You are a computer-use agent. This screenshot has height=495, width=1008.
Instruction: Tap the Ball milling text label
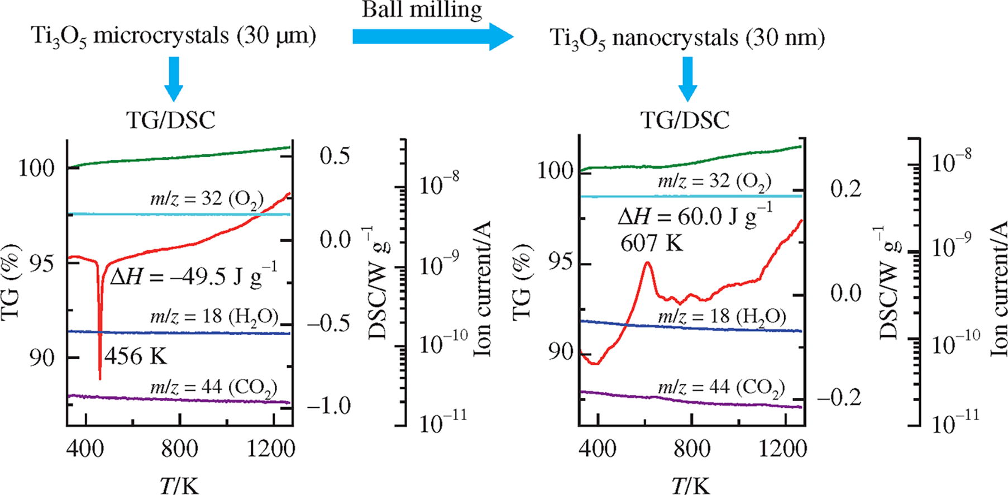point(422,10)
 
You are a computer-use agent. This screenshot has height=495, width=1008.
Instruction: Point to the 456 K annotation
point(136,356)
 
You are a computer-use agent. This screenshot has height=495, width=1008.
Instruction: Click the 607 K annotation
point(652,242)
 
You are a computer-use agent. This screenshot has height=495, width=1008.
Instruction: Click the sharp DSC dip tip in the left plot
point(100,379)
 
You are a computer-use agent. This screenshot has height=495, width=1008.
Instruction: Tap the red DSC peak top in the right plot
point(647,263)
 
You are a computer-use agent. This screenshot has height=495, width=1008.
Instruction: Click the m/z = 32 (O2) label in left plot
point(207,199)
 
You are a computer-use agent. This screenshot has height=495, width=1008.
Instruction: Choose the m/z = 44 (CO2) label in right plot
point(721,387)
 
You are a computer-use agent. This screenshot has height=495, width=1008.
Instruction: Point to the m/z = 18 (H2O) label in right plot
point(722,317)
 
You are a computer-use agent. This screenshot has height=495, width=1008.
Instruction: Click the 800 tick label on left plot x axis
point(179,449)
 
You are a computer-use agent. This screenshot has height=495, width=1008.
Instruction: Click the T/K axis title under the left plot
point(179,485)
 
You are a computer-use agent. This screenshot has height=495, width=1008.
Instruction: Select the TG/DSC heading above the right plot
point(685,120)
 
